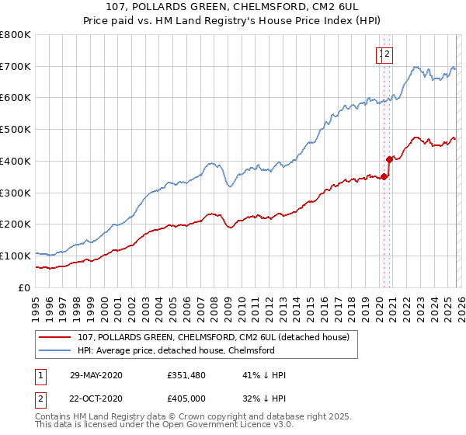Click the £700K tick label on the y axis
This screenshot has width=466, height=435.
coord(16,67)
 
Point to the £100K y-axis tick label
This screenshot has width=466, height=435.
coord(16,256)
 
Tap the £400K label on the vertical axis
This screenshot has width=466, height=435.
coord(16,161)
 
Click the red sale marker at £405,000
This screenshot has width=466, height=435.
coord(389,159)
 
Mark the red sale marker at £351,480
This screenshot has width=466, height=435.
coord(384,176)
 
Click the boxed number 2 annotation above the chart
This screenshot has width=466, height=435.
coord(387,54)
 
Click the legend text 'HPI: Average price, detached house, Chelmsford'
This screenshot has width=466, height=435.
coord(176,350)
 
